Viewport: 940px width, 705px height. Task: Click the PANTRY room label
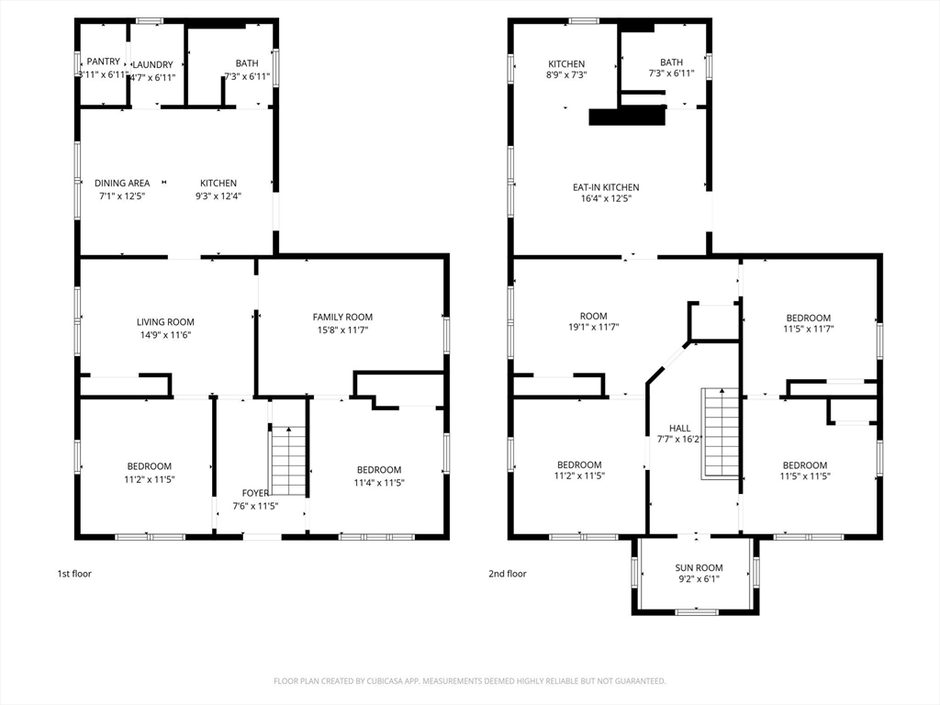tap(103, 62)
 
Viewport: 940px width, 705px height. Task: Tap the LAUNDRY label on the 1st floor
tap(152, 65)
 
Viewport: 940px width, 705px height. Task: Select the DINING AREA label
tap(122, 183)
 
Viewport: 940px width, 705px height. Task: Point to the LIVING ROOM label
tap(165, 322)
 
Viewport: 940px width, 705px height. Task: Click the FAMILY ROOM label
tap(342, 317)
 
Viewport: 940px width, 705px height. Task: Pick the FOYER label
tap(255, 493)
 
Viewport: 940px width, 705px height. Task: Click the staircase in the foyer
tap(289, 461)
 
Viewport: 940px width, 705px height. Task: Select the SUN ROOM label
tap(699, 567)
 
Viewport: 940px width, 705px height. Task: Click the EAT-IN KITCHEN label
tap(606, 187)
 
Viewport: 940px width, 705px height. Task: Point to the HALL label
tap(680, 428)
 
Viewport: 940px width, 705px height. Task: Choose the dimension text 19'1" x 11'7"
tap(594, 328)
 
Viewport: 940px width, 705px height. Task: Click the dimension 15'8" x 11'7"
tap(342, 330)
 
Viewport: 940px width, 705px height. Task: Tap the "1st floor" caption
tap(74, 574)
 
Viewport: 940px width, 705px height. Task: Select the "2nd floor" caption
tap(507, 574)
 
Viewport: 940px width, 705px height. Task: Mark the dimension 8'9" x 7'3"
tap(565, 75)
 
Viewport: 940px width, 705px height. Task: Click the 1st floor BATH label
tap(247, 63)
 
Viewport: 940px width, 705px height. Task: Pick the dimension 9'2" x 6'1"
tap(699, 579)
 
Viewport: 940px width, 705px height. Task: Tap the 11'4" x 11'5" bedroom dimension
tap(379, 483)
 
